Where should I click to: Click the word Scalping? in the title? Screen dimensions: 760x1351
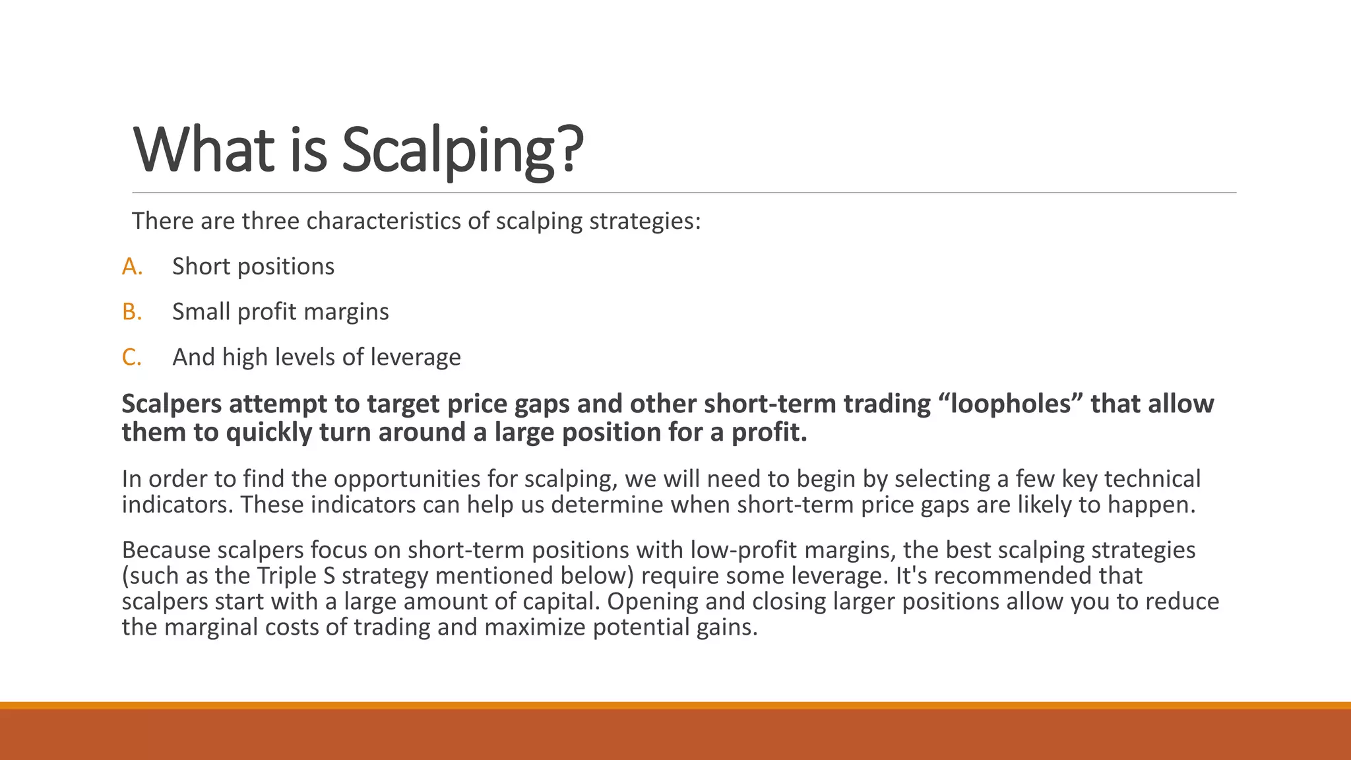click(x=462, y=150)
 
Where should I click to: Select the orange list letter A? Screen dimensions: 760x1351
click(x=132, y=267)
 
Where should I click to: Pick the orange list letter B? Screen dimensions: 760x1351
click(x=132, y=311)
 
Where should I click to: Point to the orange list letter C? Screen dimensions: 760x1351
click(x=132, y=357)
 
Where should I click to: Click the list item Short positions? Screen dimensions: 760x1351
click(x=253, y=267)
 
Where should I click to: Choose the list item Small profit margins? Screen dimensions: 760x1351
click(x=280, y=311)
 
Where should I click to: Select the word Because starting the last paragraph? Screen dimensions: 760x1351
click(x=166, y=550)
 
